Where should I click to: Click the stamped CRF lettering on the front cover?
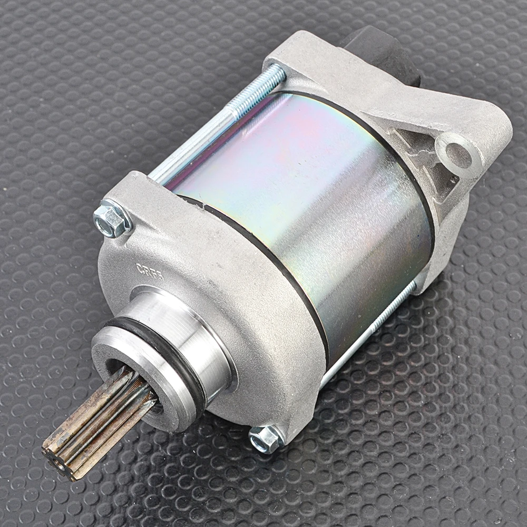[150, 268]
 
